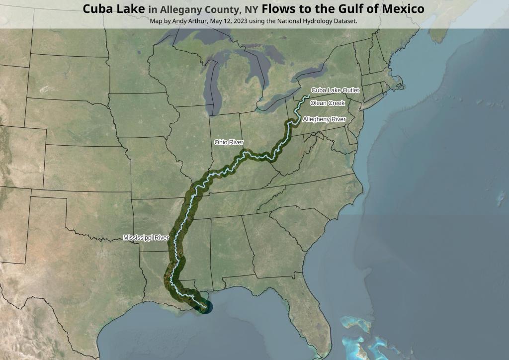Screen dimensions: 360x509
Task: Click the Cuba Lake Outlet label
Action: pyautogui.click(x=335, y=90)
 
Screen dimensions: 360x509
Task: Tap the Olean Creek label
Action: pyautogui.click(x=327, y=103)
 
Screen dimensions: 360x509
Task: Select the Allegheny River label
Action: pyautogui.click(x=324, y=119)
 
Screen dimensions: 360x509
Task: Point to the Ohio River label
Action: pyautogui.click(x=229, y=142)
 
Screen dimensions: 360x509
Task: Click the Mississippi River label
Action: pyautogui.click(x=146, y=238)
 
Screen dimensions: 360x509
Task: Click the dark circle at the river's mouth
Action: pyautogui.click(x=204, y=308)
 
